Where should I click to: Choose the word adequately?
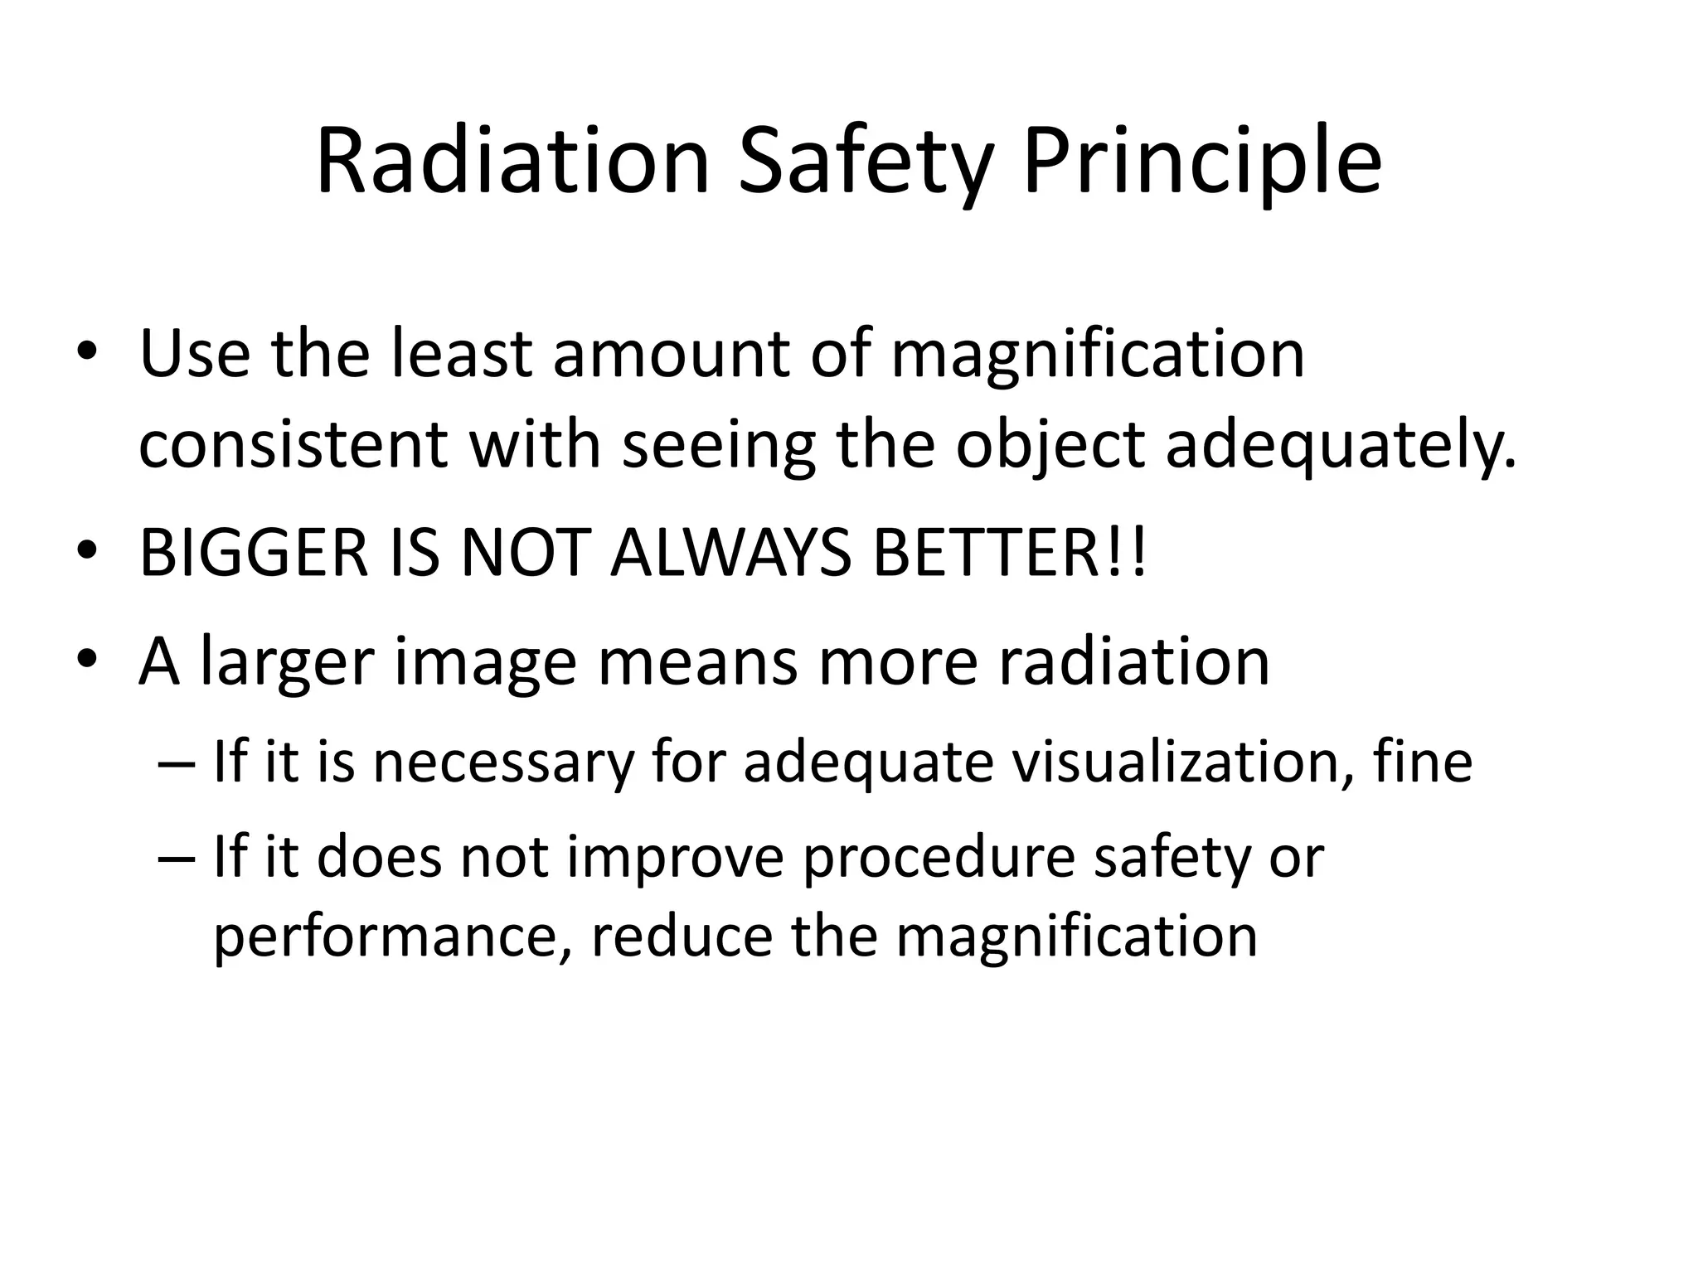(1341, 445)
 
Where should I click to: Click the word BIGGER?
(253, 554)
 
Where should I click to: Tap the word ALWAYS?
(730, 554)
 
